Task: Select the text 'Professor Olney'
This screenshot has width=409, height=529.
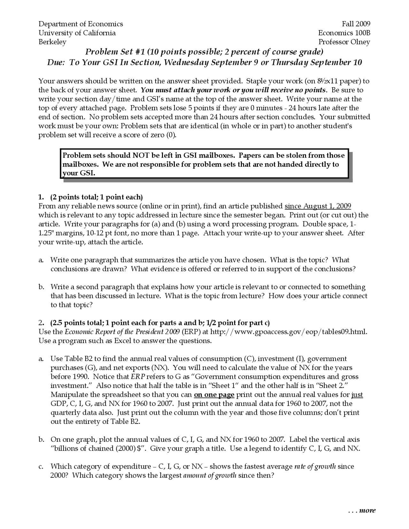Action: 344,42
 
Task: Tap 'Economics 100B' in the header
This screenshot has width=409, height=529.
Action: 344,33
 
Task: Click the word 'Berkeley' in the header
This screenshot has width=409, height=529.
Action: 52,42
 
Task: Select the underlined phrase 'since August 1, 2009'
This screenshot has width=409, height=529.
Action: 318,206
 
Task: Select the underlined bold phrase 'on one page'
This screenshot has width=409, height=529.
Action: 214,395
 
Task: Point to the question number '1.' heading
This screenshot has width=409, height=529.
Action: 41,197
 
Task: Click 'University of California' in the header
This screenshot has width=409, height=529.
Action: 77,33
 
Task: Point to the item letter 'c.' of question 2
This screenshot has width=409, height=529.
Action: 41,466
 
